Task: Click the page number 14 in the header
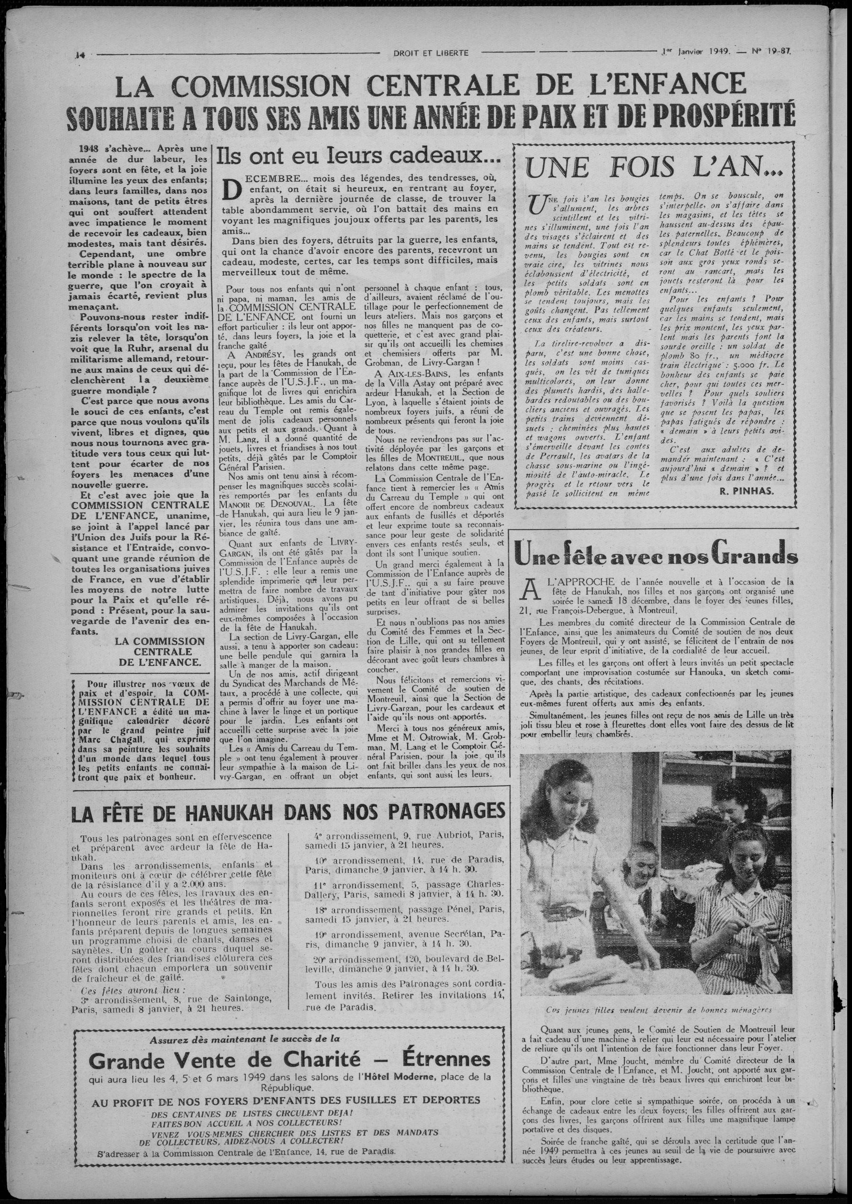click(x=80, y=53)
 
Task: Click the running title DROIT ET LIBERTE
click(x=431, y=52)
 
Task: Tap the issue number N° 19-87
click(x=772, y=52)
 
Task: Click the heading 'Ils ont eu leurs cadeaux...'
click(x=358, y=156)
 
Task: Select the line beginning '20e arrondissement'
click(x=404, y=959)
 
